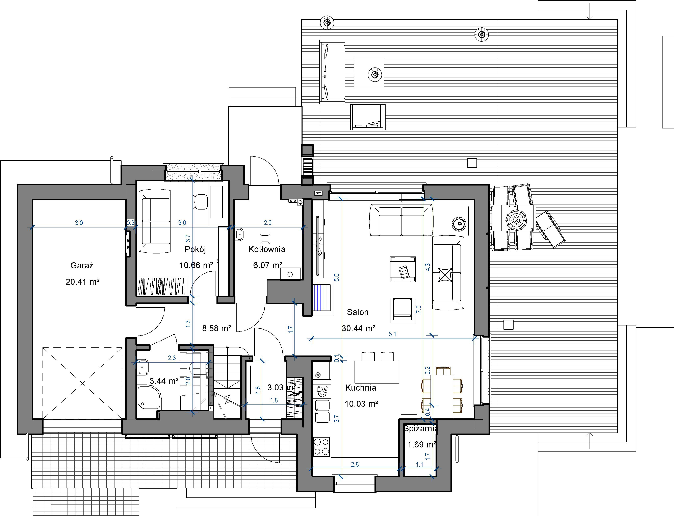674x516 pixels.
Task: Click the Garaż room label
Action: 82,265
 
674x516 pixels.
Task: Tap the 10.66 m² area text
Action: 196,265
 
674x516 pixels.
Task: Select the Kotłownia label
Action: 267,249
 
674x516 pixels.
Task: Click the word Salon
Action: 357,312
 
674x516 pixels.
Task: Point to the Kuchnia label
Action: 360,388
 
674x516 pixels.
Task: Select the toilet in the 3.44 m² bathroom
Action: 197,368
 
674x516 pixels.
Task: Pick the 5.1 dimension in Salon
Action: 392,334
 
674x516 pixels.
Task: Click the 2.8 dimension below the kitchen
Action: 355,464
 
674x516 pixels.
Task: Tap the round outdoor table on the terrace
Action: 516,220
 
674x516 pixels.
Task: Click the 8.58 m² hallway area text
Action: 216,328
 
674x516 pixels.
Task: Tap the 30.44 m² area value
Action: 359,328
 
